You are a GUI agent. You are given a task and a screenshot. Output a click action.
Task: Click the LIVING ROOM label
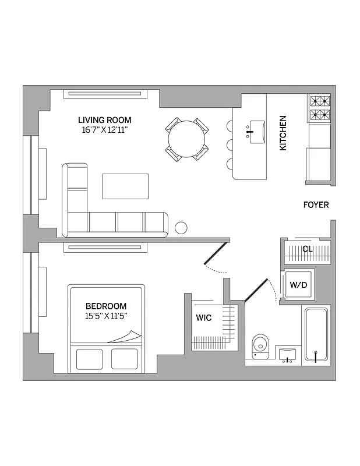[105, 120]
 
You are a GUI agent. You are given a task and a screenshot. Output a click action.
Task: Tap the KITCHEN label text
[283, 133]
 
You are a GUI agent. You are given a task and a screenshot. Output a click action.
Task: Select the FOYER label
[316, 205]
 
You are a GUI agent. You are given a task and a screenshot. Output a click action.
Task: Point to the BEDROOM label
[106, 306]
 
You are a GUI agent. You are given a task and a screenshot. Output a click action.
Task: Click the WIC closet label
[204, 317]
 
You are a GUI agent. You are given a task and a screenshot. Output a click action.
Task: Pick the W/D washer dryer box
[299, 285]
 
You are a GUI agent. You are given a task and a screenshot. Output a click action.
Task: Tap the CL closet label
[308, 249]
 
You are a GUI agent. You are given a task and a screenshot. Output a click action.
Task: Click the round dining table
[186, 139]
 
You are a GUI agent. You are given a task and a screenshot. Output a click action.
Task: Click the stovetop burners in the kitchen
[319, 107]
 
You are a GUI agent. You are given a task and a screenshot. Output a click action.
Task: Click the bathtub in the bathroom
[316, 336]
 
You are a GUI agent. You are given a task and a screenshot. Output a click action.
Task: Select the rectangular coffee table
[125, 186]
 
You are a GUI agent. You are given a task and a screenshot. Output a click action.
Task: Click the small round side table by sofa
[181, 228]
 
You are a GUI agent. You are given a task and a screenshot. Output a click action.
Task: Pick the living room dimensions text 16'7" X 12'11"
[105, 130]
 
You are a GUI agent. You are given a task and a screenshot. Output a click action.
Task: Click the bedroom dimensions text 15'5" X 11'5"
[106, 316]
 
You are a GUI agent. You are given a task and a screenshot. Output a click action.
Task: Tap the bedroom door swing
[215, 260]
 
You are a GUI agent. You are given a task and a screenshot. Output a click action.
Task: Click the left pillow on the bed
[89, 359]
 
